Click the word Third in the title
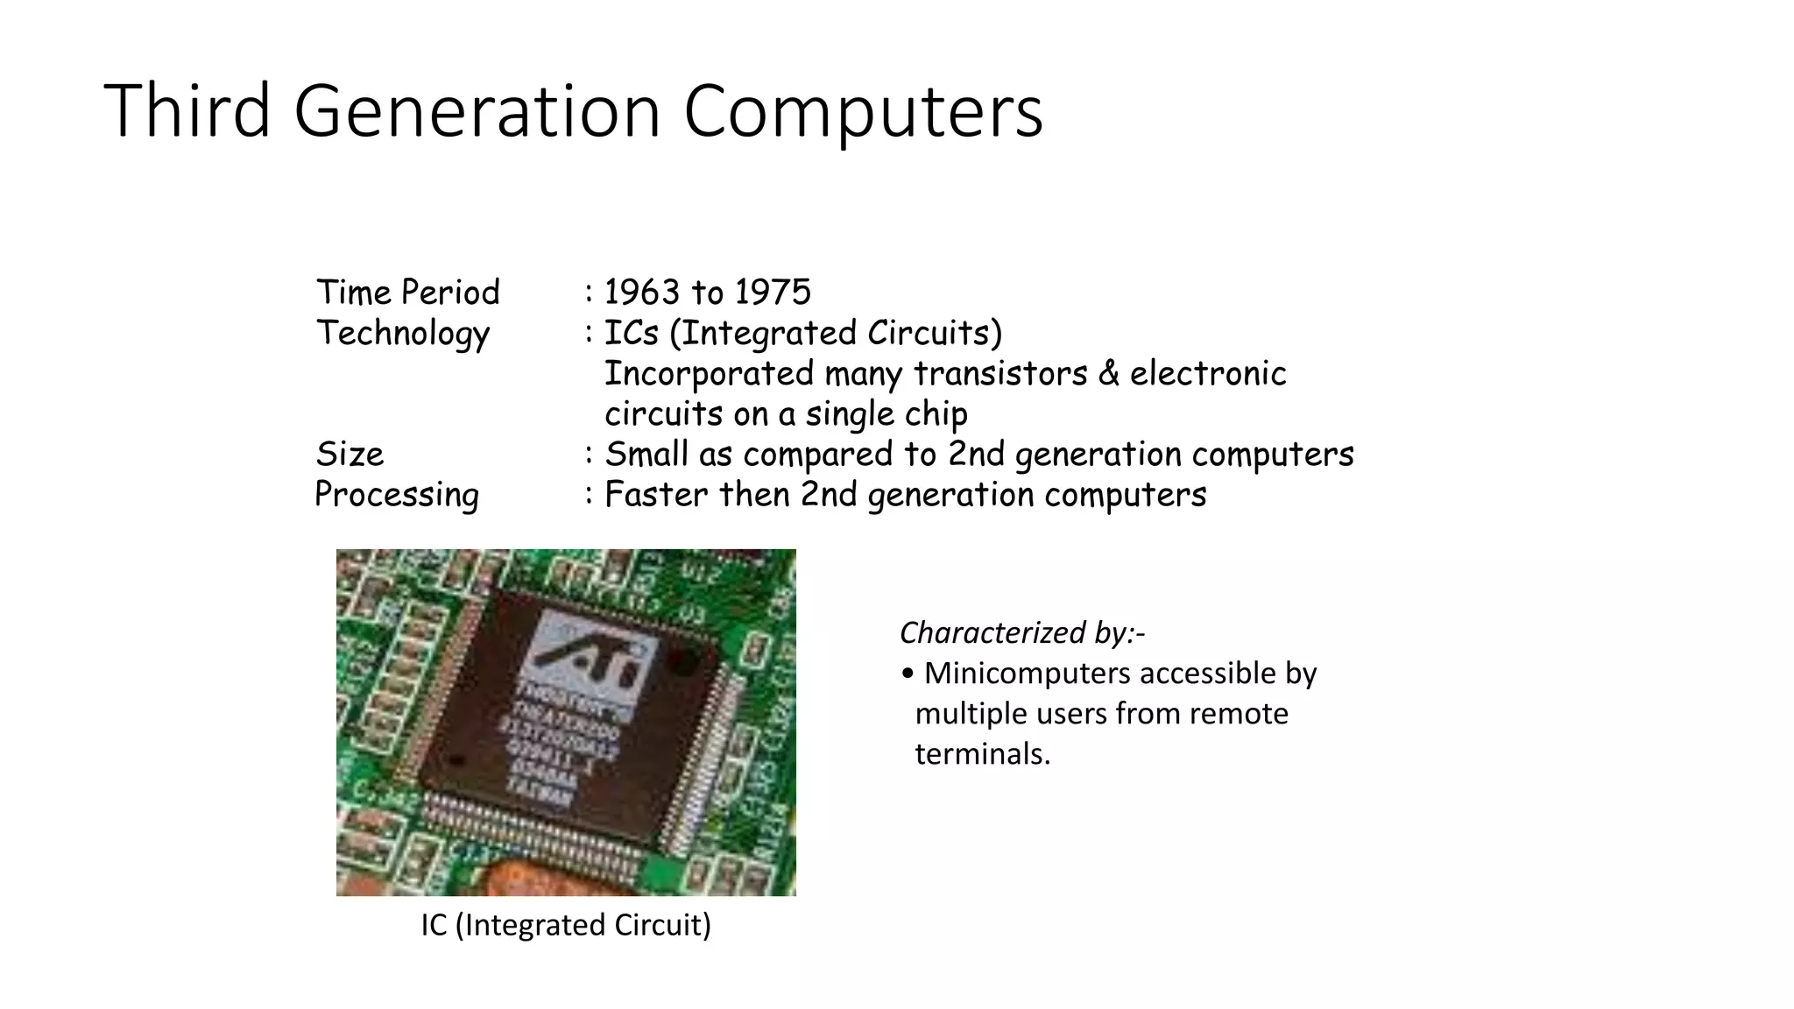(187, 110)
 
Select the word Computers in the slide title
(863, 112)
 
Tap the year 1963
(642, 292)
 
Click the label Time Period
(407, 292)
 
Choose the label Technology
(402, 334)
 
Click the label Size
(350, 454)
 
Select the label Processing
(397, 495)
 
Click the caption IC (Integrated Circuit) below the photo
(566, 925)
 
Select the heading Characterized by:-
(1021, 632)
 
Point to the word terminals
(982, 753)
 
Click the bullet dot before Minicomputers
(908, 674)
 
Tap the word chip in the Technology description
(936, 414)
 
